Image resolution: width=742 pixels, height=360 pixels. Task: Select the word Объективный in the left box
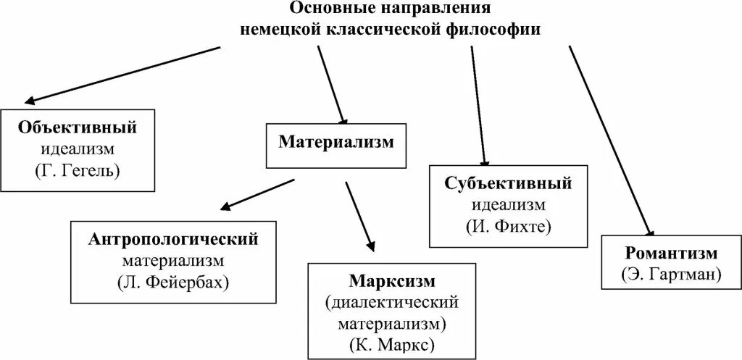(78, 128)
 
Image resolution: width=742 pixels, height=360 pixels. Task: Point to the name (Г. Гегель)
(78, 171)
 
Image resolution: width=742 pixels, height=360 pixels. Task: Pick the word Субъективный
(509, 183)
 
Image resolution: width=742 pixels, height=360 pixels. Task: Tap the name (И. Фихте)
(509, 226)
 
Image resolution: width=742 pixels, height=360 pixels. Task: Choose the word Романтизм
(670, 254)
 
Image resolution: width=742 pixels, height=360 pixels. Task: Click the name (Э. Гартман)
(670, 275)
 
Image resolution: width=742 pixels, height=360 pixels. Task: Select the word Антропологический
(174, 238)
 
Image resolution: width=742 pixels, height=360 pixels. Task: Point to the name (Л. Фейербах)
(174, 281)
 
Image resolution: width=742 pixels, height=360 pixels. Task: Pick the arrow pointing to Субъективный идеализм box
(479, 106)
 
